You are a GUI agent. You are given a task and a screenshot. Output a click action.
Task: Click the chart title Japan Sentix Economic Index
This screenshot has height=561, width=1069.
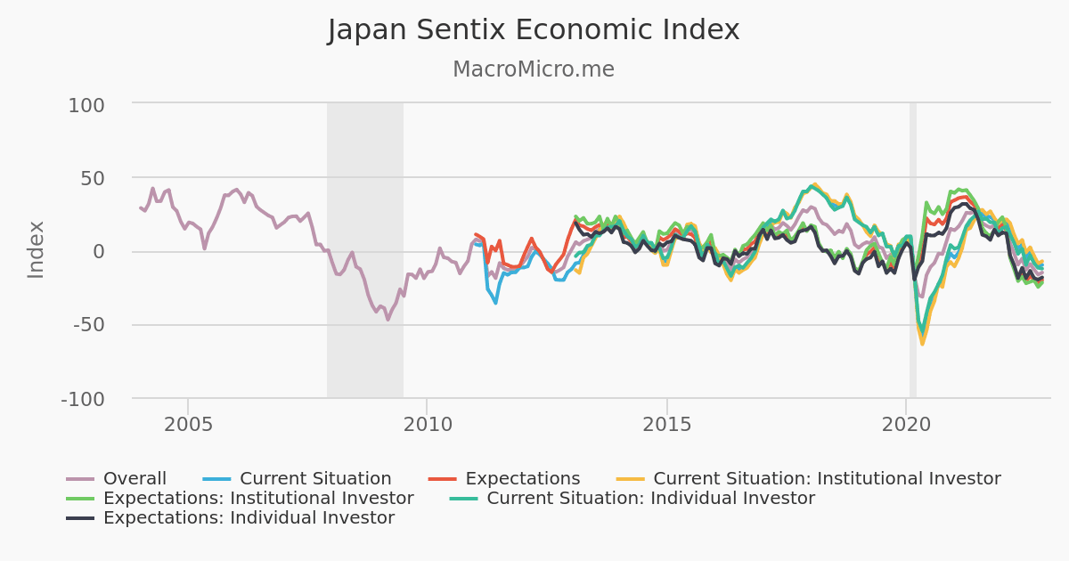click(534, 30)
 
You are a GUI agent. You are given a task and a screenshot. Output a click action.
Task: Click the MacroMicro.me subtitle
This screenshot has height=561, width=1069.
click(534, 69)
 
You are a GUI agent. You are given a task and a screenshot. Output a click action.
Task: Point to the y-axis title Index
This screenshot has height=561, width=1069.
click(36, 249)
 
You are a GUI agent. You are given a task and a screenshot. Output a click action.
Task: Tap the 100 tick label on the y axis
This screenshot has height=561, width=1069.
click(86, 105)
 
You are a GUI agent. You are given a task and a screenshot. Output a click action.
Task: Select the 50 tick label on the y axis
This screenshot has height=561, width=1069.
click(93, 178)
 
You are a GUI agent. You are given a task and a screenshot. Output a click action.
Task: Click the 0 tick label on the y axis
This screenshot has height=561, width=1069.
click(99, 252)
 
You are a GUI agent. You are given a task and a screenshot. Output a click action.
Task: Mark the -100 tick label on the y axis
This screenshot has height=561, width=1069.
click(83, 399)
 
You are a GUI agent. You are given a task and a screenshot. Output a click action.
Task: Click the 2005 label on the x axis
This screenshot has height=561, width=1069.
click(188, 422)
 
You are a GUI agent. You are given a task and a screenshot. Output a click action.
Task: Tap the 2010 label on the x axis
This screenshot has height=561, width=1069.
click(427, 422)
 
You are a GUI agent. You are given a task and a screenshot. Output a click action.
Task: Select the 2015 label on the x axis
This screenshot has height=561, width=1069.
click(666, 422)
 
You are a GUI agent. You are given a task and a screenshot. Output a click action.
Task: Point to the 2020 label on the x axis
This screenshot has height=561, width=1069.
click(906, 422)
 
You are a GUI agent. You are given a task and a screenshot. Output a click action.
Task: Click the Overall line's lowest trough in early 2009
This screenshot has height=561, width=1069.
click(388, 319)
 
